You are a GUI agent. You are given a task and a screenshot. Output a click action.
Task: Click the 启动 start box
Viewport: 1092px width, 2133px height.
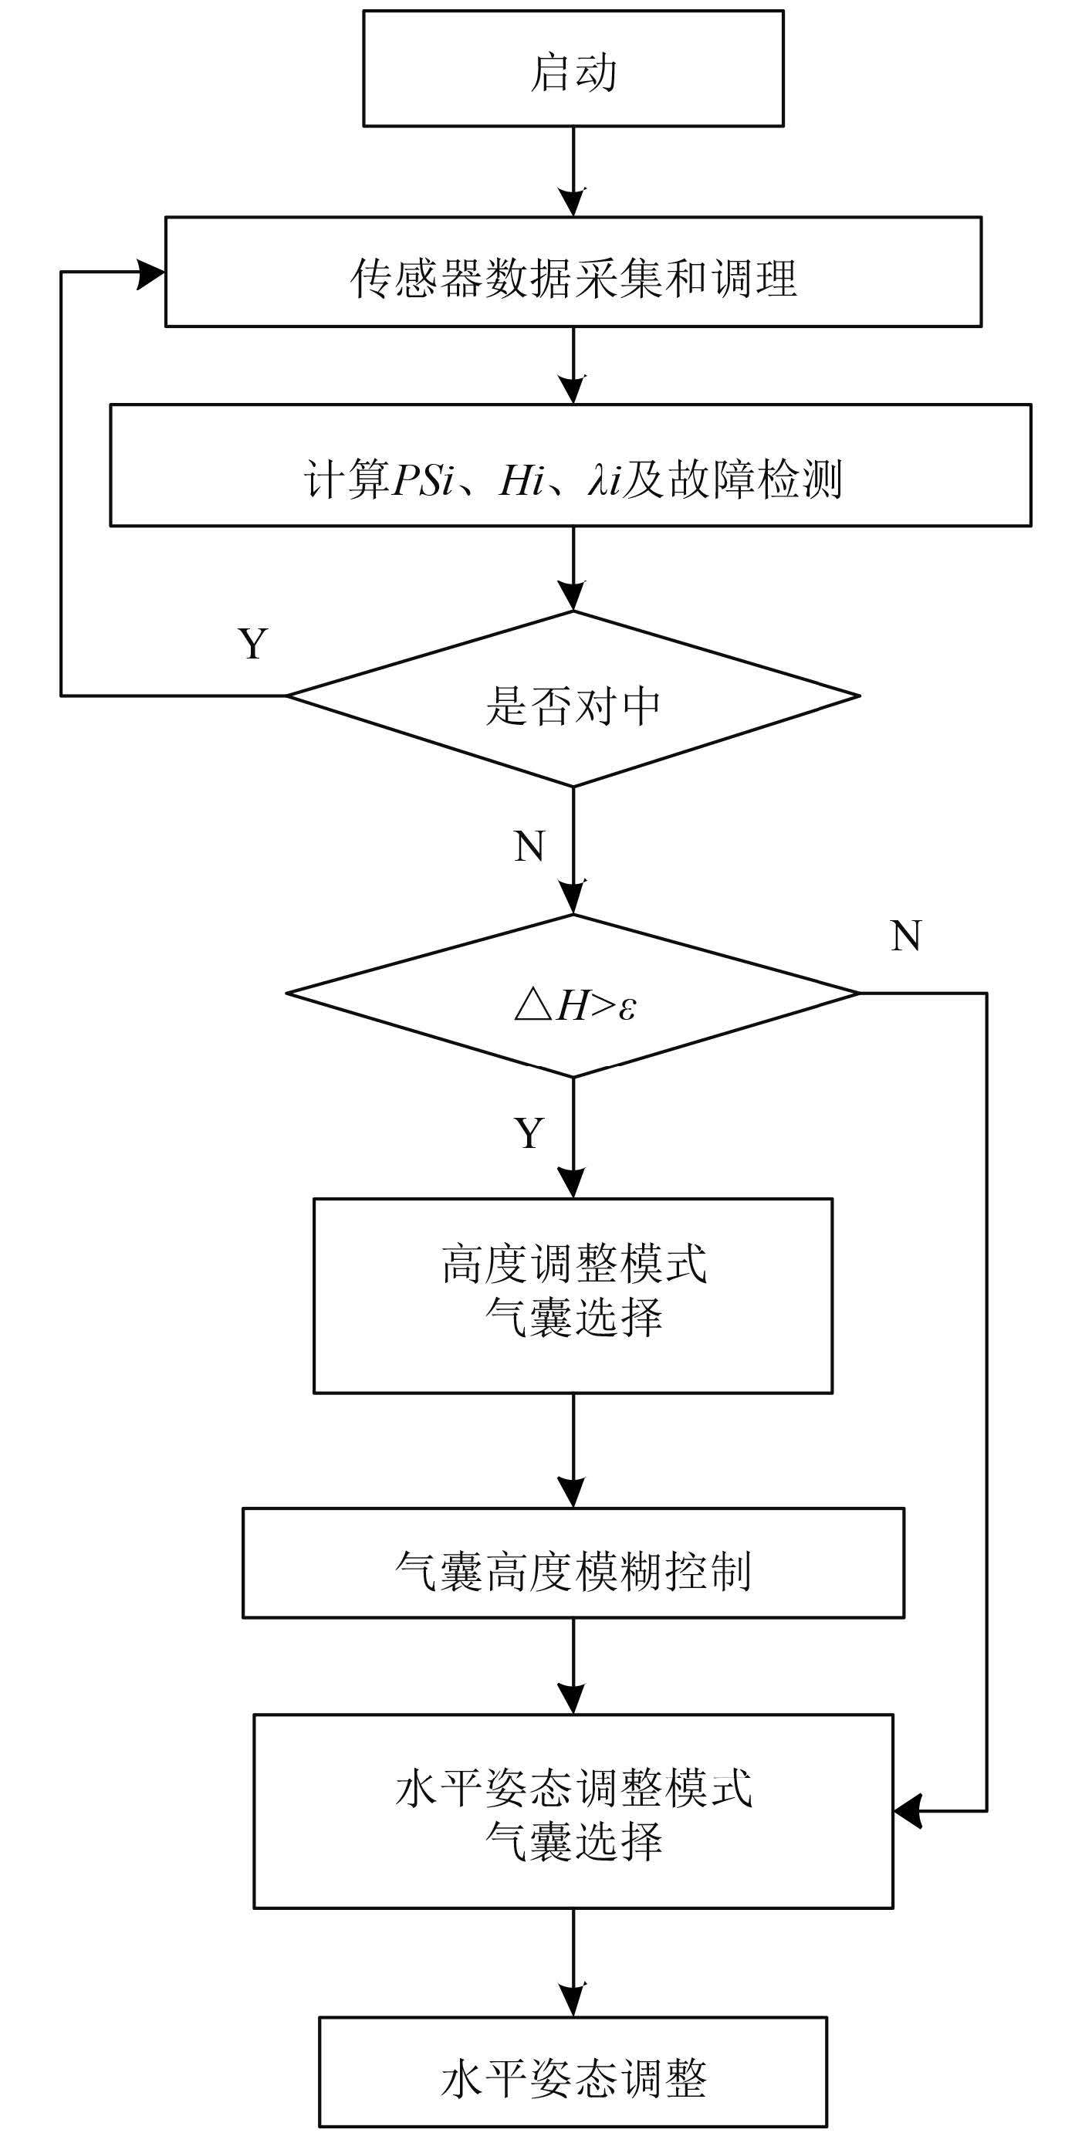pyautogui.click(x=573, y=69)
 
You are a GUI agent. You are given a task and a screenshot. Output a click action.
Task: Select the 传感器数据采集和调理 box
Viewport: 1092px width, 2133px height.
pyautogui.click(x=573, y=272)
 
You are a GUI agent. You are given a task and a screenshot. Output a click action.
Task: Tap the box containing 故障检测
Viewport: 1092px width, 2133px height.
pyautogui.click(x=570, y=466)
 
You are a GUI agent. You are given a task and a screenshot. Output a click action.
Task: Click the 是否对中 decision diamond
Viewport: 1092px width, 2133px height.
pyautogui.click(x=573, y=699)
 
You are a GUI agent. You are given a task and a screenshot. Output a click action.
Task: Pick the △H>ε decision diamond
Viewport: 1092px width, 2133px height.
pyautogui.click(x=573, y=995)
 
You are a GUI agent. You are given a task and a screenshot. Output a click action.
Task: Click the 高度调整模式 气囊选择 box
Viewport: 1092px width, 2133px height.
pyautogui.click(x=573, y=1296)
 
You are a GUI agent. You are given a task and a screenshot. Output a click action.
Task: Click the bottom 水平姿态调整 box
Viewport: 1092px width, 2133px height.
pyautogui.click(x=573, y=2073)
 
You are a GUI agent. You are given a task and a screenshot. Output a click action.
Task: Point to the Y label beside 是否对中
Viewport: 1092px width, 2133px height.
pyautogui.click(x=253, y=643)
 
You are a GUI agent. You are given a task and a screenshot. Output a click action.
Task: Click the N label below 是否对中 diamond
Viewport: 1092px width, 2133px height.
pyautogui.click(x=529, y=846)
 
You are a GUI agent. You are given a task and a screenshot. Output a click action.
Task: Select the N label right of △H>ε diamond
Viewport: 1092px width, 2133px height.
pyautogui.click(x=906, y=936)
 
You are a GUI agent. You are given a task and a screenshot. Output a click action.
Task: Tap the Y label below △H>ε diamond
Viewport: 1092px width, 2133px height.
pyautogui.click(x=529, y=1132)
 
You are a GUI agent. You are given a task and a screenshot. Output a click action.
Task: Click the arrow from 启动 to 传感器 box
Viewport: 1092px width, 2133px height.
pyautogui.click(x=573, y=172)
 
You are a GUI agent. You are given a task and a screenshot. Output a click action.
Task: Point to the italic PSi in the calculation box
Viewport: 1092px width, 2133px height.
pyautogui.click(x=423, y=480)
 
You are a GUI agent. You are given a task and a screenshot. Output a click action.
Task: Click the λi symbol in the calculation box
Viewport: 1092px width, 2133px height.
pyautogui.click(x=604, y=480)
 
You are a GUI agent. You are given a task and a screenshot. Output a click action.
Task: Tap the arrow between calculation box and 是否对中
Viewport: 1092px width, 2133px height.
pyautogui.click(x=573, y=569)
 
